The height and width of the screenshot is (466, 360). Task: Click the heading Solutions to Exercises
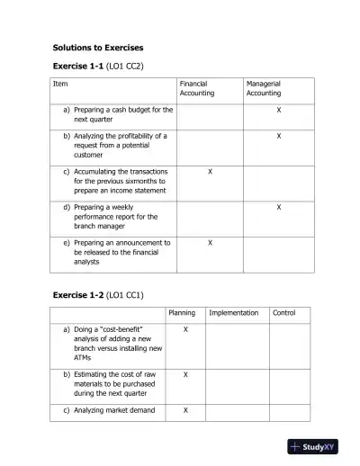pos(97,47)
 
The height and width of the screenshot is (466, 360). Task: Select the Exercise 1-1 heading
pos(78,66)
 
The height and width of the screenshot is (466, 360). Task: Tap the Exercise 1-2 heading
pos(78,294)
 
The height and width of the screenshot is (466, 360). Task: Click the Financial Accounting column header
pos(197,88)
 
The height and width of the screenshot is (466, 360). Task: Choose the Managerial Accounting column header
pos(264,88)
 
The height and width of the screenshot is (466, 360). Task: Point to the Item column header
pos(60,84)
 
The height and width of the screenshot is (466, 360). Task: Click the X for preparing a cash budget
pos(279,110)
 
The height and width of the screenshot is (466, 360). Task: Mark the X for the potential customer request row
pos(279,136)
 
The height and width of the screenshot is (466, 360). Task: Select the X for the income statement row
pos(210,171)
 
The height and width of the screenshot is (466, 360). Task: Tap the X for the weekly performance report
pos(279,207)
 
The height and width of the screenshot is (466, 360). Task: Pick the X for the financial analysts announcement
pos(210,243)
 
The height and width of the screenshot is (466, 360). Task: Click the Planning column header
pos(182,313)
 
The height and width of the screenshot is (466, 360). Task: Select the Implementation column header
pos(233,313)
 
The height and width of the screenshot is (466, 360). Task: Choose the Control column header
pos(283,313)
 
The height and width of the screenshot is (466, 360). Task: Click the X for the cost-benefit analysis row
pos(185,330)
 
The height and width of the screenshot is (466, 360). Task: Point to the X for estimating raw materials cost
pos(185,373)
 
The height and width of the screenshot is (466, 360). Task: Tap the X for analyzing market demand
pos(185,410)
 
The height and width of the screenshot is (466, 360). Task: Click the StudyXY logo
pos(312,447)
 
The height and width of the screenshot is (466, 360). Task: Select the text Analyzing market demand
pos(113,410)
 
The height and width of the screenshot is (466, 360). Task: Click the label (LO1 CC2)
pos(125,66)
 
